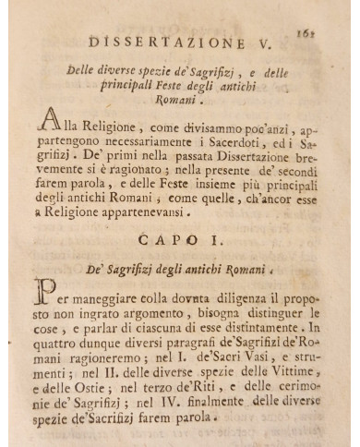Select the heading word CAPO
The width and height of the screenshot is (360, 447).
coord(162,240)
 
